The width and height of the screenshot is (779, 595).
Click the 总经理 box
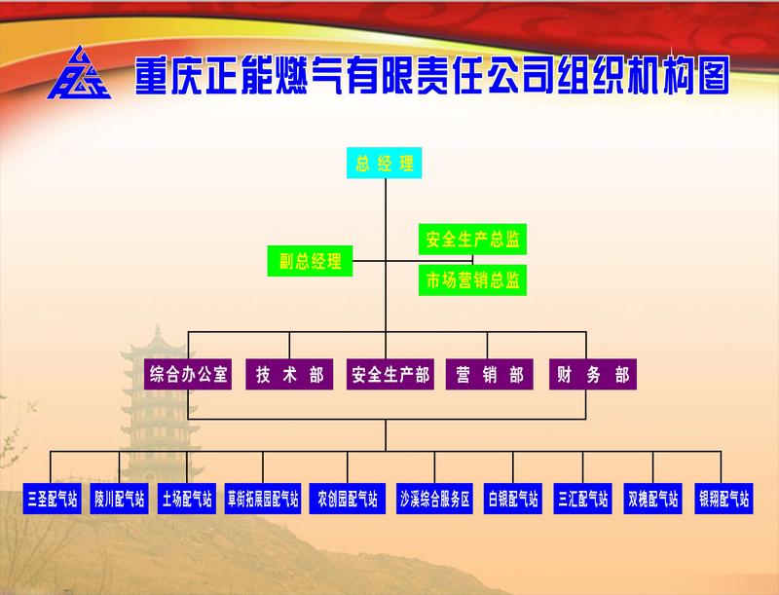coord(384,163)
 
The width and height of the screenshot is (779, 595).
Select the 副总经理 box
coord(310,261)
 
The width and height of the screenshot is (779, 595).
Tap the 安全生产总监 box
coord(472,240)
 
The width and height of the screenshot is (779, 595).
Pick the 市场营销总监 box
coord(472,280)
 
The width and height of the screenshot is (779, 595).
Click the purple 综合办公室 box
coord(188,374)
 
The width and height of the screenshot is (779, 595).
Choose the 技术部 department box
coord(289,374)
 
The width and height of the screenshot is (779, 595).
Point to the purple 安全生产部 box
coord(390,374)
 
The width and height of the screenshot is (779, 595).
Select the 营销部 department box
coord(490,374)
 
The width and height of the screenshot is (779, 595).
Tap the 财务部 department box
coord(593,374)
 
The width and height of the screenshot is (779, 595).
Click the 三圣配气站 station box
coord(53,499)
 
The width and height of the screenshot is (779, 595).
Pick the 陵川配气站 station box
coord(119,499)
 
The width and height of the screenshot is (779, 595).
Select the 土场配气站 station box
coord(187,499)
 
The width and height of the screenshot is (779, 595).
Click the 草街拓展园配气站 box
coord(263,499)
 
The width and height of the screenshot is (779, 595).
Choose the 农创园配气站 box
coord(348,499)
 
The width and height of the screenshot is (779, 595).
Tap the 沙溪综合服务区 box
coord(434,499)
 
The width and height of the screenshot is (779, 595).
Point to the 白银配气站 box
coord(513,499)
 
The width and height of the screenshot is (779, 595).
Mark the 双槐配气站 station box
coord(652,499)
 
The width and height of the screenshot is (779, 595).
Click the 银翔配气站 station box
coord(723,499)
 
